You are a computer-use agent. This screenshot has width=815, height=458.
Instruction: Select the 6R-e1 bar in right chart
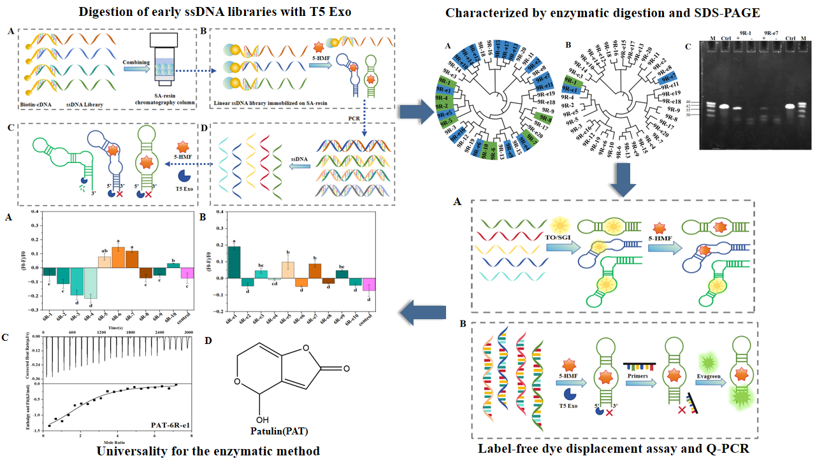pos(234,262)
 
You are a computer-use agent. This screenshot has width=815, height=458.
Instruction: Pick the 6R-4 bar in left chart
pos(90,283)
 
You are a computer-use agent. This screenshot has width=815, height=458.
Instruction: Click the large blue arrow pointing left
pos(423,311)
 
